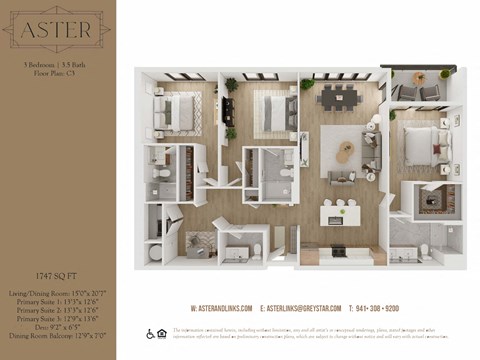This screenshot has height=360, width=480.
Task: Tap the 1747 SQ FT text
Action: [57, 273]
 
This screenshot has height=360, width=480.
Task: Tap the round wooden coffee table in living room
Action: [346, 151]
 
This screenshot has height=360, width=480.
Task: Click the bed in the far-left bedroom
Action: [180, 113]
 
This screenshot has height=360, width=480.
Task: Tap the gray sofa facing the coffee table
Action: [372, 150]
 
